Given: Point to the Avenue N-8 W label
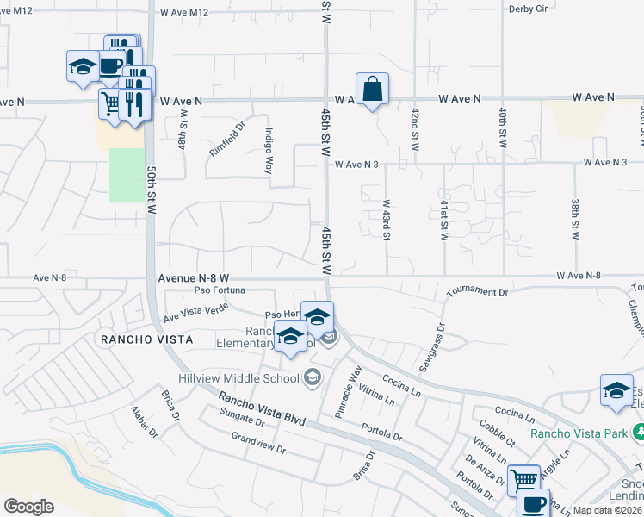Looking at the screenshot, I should pyautogui.click(x=193, y=278).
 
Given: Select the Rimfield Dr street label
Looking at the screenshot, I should pyautogui.click(x=227, y=139).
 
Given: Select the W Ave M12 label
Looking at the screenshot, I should pyautogui.click(x=184, y=13).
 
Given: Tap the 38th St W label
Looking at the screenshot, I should pyautogui.click(x=574, y=220).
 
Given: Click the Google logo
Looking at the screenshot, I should pyautogui.click(x=28, y=506).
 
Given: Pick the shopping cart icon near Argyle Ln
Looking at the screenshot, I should pyautogui.click(x=523, y=479).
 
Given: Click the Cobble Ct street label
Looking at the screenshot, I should pyautogui.click(x=497, y=429).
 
